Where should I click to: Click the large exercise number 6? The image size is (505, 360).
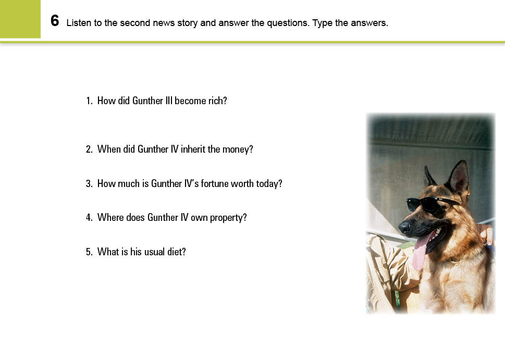coord(55,21)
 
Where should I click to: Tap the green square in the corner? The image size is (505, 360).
coord(20,19)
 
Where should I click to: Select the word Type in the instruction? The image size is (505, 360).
coord(322,23)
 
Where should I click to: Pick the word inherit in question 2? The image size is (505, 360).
coord(193,149)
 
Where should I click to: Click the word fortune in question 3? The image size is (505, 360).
coord(214,183)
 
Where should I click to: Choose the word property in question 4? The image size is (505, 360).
coord(228,218)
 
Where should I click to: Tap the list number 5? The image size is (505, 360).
coord(89,252)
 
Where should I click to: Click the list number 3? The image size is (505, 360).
coord(89,183)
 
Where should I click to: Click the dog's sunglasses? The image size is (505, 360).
coord(432,204)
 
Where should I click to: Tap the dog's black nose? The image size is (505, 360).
coord(404,227)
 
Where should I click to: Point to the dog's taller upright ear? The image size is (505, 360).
coord(459,178)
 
